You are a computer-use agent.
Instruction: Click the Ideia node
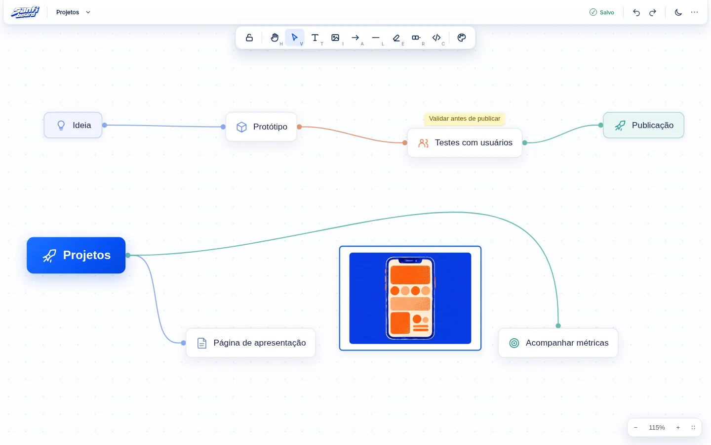[73, 125]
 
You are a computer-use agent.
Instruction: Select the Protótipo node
[261, 127]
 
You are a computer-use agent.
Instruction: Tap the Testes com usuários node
[465, 143]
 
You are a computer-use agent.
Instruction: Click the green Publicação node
[643, 125]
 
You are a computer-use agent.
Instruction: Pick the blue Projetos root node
[76, 255]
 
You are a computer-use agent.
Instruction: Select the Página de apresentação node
[251, 343]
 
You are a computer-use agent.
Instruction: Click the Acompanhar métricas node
[558, 343]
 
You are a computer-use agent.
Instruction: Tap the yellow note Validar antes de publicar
[464, 119]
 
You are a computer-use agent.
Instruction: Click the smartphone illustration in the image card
[410, 298]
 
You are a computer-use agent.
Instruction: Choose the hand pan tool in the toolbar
[275, 38]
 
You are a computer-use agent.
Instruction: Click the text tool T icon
[315, 38]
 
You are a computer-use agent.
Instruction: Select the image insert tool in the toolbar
[335, 38]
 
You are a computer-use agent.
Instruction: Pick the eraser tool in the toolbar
[396, 38]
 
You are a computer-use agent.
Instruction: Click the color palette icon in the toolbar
[462, 38]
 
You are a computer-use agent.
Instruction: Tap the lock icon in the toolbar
[249, 38]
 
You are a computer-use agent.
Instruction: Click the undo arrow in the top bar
[636, 12]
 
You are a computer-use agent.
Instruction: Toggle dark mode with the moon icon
[678, 12]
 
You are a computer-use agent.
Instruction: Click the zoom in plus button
[678, 428]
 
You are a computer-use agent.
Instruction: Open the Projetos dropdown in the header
[73, 12]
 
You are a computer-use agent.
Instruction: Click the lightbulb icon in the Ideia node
[61, 125]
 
